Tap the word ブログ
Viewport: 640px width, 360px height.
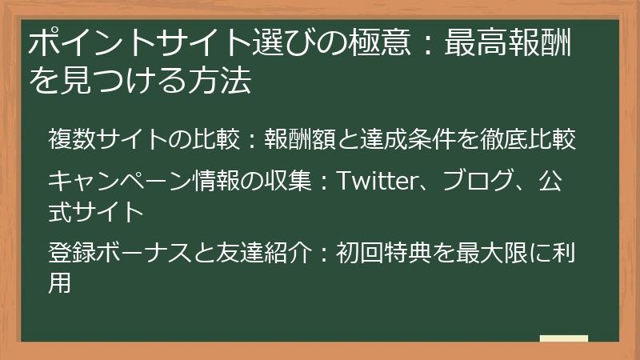tap(457, 181)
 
